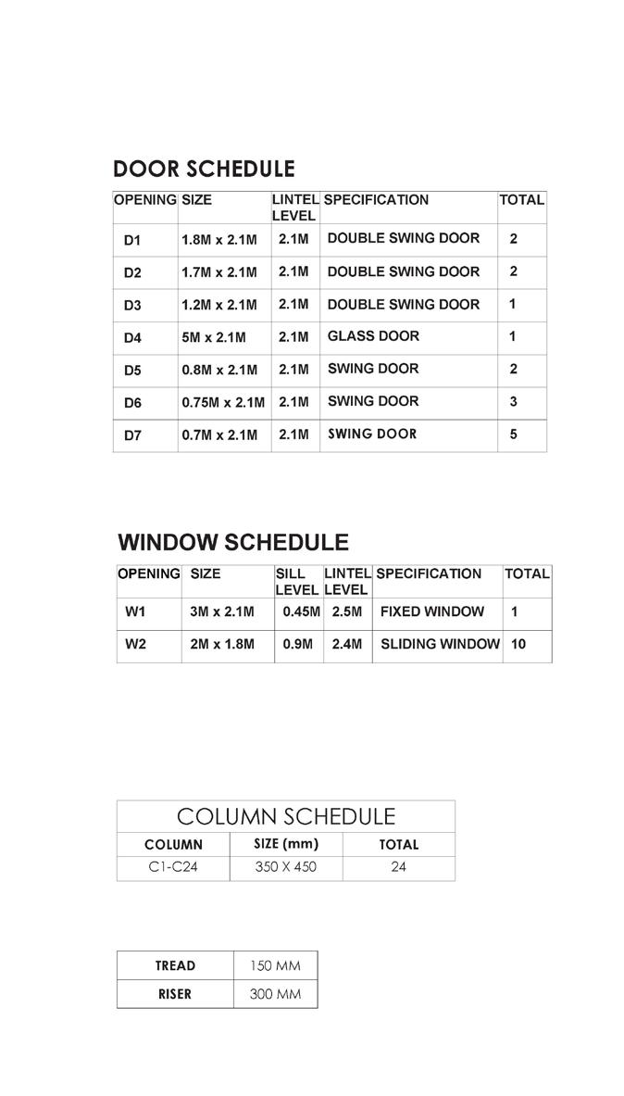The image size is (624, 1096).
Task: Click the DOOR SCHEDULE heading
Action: [204, 170]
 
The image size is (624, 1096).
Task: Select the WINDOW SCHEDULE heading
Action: [233, 543]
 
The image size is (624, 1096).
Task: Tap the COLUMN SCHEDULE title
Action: [285, 816]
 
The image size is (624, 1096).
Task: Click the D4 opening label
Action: [132, 338]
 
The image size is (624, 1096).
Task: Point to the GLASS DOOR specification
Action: [373, 336]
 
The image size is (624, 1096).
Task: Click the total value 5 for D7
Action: [514, 434]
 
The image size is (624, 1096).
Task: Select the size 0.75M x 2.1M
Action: [223, 403]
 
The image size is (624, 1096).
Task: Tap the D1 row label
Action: [132, 240]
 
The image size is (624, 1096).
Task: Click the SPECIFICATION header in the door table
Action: [376, 200]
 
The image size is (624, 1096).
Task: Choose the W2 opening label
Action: [135, 645]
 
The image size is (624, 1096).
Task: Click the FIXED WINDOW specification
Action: [431, 611]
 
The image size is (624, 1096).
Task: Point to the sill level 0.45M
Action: [298, 611]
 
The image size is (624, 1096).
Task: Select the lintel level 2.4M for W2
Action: [346, 645]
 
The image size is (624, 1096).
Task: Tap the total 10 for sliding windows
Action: [518, 644]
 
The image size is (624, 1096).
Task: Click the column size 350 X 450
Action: [285, 868]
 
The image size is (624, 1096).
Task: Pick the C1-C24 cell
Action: [173, 868]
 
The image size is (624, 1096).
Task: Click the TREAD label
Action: [175, 965]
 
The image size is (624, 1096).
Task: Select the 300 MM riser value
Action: [275, 994]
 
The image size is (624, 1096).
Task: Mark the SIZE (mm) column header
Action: [285, 844]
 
